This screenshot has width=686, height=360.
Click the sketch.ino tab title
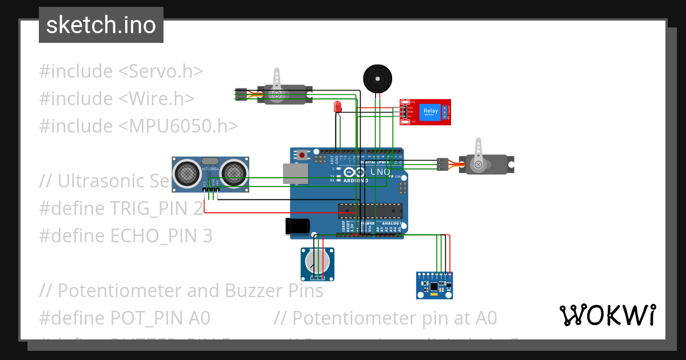tap(101, 25)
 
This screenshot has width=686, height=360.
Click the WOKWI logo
tap(607, 315)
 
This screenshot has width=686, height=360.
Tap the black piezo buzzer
tap(378, 78)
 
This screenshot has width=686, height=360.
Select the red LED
tap(338, 106)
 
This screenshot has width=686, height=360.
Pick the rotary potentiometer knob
tap(317, 262)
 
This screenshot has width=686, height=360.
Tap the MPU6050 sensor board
tap(434, 285)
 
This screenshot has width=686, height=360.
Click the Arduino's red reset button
tap(302, 154)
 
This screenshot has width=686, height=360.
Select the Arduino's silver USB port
tap(296, 174)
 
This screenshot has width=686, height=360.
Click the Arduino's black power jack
tap(297, 226)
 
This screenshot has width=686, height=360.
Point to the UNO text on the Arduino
tap(381, 171)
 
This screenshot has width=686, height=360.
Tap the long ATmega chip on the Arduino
tap(370, 211)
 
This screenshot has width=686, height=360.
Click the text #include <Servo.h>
tap(121, 71)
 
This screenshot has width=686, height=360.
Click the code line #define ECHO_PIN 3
tap(126, 235)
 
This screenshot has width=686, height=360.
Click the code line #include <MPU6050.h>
tap(138, 126)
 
